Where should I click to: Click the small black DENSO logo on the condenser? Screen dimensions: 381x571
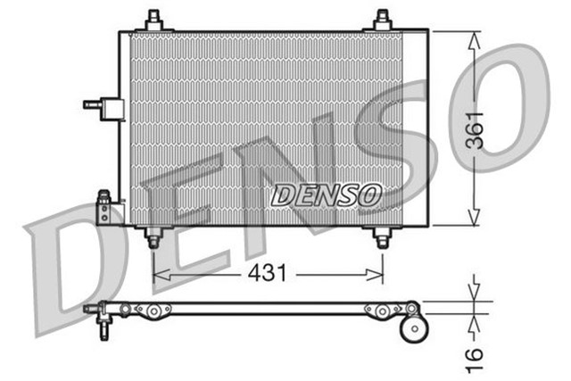click(x=326, y=195)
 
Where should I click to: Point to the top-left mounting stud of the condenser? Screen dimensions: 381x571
click(x=153, y=20)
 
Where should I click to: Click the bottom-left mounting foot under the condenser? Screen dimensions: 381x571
click(x=153, y=238)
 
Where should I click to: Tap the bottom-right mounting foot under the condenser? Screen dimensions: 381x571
click(x=382, y=238)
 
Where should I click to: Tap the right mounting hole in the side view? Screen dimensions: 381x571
click(x=382, y=311)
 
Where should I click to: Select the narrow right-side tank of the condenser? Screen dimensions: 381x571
click(x=416, y=127)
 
